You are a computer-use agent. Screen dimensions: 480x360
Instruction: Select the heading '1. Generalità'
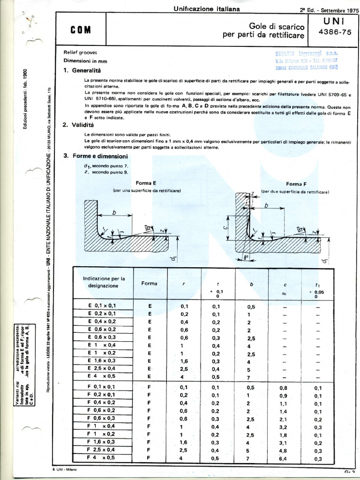[82, 71]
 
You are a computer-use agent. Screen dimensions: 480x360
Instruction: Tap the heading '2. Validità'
[78, 125]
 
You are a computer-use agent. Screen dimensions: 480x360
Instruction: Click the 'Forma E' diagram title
[146, 184]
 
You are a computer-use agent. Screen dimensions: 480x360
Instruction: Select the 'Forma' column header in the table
[150, 284]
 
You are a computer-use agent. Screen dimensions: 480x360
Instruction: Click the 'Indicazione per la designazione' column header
[104, 282]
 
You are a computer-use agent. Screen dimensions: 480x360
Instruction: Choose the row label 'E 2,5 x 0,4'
[102, 369]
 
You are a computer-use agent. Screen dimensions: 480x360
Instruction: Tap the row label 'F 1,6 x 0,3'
[102, 442]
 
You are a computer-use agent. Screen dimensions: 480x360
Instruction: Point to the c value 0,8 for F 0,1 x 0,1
[284, 388]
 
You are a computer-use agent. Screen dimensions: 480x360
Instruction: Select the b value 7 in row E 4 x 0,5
[248, 377]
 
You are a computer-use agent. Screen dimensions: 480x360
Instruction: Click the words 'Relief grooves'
[80, 52]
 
